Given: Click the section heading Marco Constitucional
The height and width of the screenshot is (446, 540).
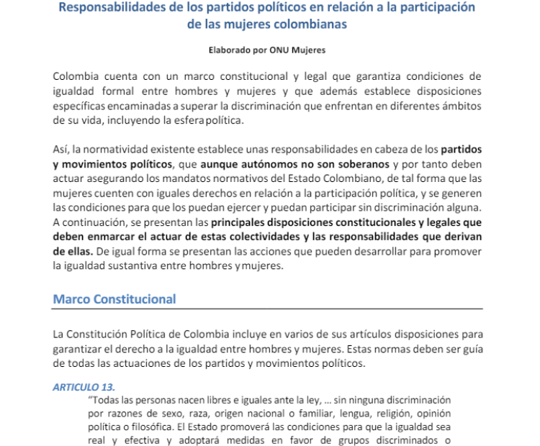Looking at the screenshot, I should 114,299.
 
